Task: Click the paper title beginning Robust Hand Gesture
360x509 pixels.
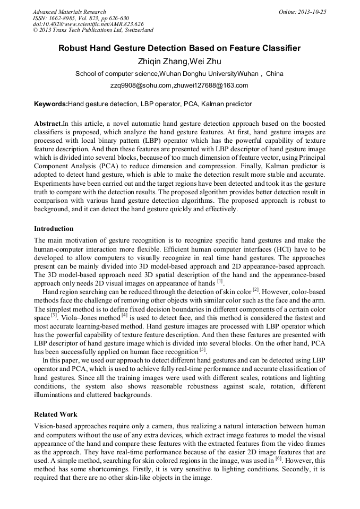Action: click(179, 48)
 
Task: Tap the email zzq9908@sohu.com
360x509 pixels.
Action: click(142, 85)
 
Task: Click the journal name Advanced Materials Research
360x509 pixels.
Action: click(69, 12)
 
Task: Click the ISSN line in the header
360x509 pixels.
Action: click(80, 18)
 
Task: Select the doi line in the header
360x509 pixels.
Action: click(88, 24)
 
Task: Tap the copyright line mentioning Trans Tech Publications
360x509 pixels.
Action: click(93, 30)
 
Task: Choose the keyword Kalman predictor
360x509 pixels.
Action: click(226, 104)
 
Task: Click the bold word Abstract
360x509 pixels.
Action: click(48, 123)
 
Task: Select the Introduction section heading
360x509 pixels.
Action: click(54, 229)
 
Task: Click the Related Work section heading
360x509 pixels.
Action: click(56, 414)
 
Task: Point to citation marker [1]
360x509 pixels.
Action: click(220, 281)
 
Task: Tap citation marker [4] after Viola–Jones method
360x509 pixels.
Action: click(124, 315)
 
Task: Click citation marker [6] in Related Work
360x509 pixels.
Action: click(278, 456)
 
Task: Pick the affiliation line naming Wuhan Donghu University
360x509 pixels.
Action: click(179, 73)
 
